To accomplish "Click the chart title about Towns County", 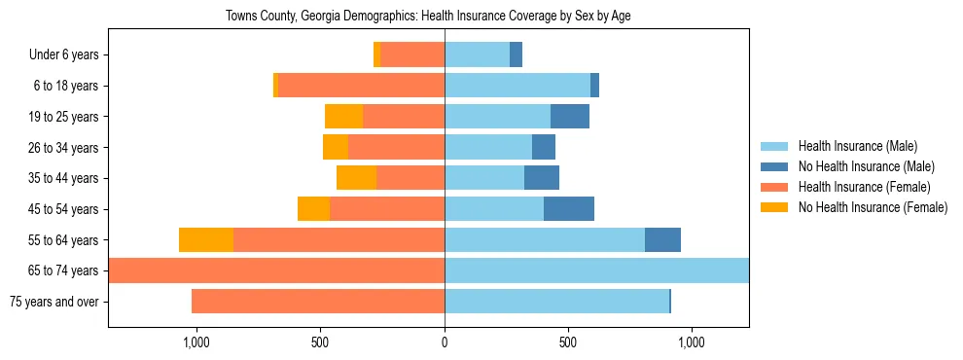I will (428, 17).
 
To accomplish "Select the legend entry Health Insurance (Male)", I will (857, 146).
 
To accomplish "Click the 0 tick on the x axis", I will (445, 342).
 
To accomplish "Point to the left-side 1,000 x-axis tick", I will (196, 342).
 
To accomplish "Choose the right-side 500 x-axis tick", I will (568, 342).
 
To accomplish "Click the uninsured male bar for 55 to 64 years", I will (662, 240).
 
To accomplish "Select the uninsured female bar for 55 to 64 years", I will (206, 240).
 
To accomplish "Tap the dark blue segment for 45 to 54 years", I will (568, 209).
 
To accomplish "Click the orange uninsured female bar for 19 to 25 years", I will (343, 117).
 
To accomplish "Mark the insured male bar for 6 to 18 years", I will (517, 86).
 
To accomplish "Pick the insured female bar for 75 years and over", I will (318, 302).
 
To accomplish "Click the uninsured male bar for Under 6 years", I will (516, 55).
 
